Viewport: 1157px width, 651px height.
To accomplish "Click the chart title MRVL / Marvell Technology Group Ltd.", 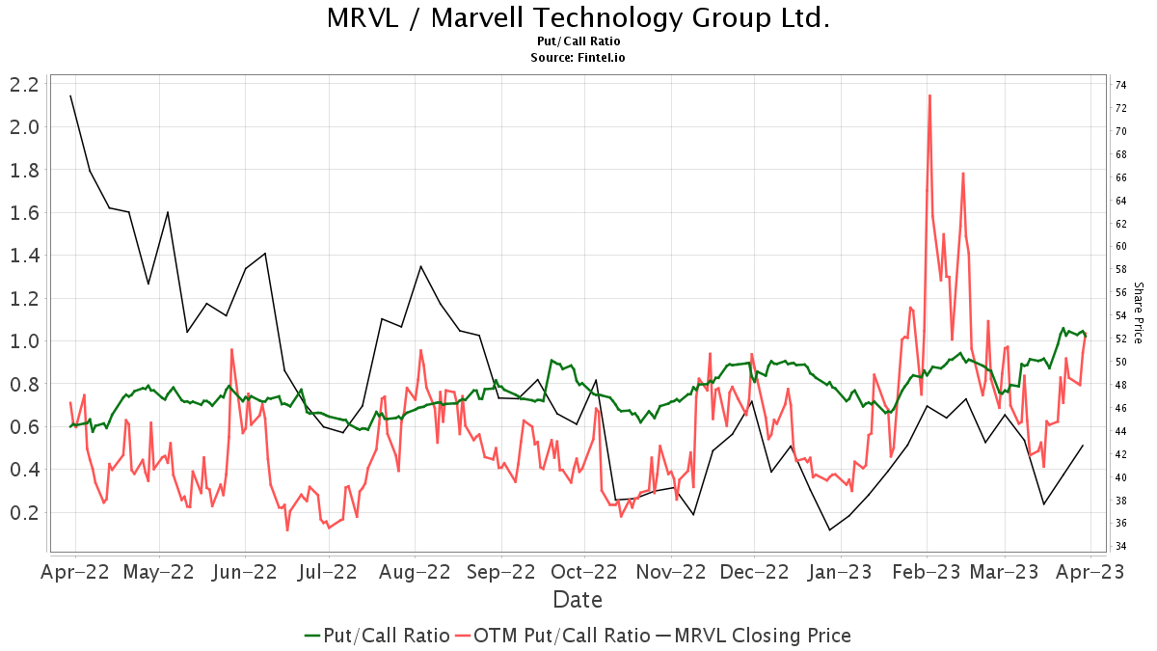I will click(x=578, y=17).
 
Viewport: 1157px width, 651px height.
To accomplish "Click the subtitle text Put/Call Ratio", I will click(x=578, y=41).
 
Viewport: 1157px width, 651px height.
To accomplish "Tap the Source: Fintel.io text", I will click(x=578, y=57).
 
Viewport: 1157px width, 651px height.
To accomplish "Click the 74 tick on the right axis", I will click(x=1121, y=85).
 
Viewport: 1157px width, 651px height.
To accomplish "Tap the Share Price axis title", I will click(x=1139, y=312).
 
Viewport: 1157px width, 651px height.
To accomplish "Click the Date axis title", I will click(x=578, y=600).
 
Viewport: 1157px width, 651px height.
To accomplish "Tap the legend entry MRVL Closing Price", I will click(x=762, y=636).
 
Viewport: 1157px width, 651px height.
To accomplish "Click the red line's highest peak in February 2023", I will click(x=929, y=95).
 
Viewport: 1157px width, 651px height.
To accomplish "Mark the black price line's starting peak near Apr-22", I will click(x=70, y=95).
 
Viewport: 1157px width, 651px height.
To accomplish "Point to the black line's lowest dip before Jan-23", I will click(x=829, y=529).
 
